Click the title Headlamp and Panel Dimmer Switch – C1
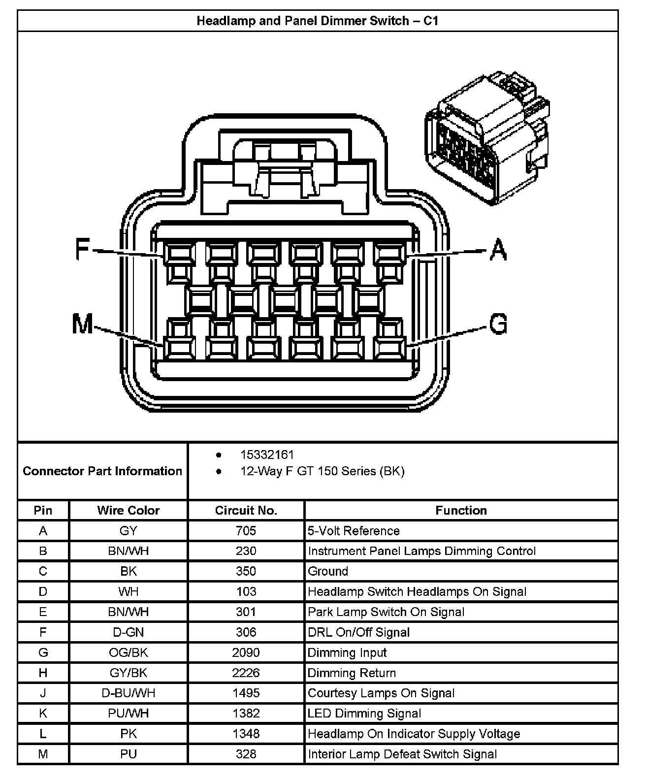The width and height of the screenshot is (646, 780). click(317, 21)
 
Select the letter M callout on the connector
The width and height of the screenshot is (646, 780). click(82, 325)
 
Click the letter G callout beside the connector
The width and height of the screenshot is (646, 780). click(498, 324)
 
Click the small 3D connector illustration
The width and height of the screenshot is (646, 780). click(487, 136)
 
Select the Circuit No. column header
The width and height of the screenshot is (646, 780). click(246, 510)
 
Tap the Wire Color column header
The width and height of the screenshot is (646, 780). click(128, 510)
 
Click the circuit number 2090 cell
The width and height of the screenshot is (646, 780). click(246, 652)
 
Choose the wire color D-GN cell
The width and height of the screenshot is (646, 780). click(128, 632)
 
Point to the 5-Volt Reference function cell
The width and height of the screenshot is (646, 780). click(354, 531)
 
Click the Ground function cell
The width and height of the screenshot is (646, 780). click(328, 571)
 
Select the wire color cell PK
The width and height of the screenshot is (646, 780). click(128, 734)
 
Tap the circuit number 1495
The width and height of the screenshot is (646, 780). click(246, 693)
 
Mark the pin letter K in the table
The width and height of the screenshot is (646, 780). click(43, 714)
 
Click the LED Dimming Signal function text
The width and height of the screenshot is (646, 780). click(364, 714)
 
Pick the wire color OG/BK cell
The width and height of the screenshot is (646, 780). click(128, 652)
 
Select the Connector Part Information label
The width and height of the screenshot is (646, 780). click(102, 471)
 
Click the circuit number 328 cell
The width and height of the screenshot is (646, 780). click(246, 754)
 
